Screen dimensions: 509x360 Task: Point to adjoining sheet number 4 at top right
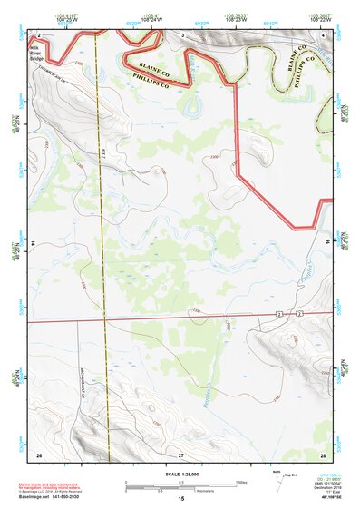[x=323, y=34]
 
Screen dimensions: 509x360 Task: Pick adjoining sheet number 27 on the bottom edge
[x=181, y=453]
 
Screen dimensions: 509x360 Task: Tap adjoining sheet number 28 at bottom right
[x=323, y=453]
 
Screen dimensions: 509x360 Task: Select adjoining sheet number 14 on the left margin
[x=33, y=243]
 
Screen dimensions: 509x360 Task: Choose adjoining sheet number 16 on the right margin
[x=328, y=243]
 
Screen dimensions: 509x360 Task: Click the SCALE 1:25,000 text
[x=181, y=474]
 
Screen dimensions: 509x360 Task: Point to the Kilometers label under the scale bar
[x=189, y=491]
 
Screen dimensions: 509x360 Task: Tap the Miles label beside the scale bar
[x=241, y=481]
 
